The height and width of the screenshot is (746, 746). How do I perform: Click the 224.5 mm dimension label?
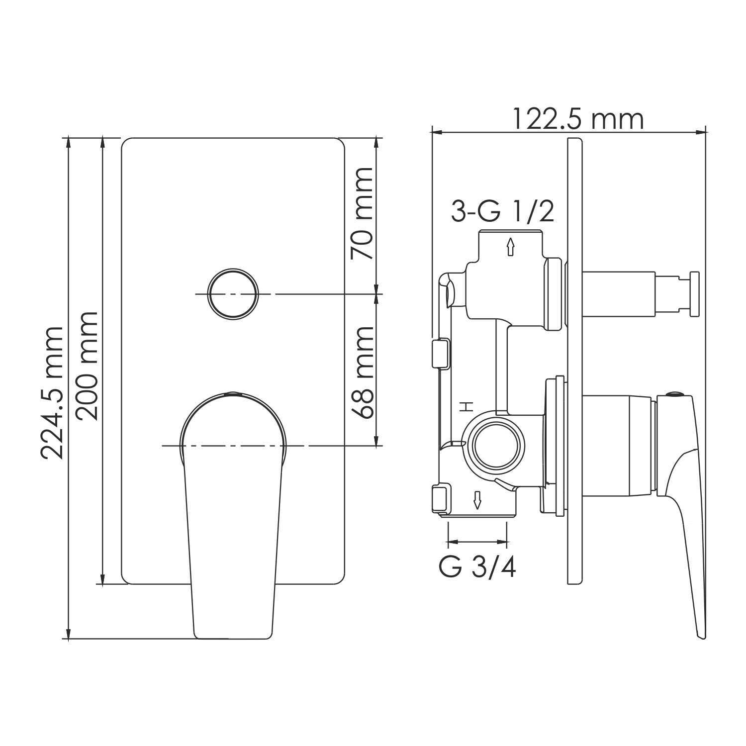pos(52,393)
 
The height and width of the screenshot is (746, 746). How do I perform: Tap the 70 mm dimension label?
pos(362,213)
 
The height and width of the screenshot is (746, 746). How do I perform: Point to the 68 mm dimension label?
pos(362,373)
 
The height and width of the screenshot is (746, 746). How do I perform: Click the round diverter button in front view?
pos(234,294)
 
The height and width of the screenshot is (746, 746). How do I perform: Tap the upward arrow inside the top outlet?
pos(510,246)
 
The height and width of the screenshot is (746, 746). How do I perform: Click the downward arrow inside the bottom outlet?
pos(477,500)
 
